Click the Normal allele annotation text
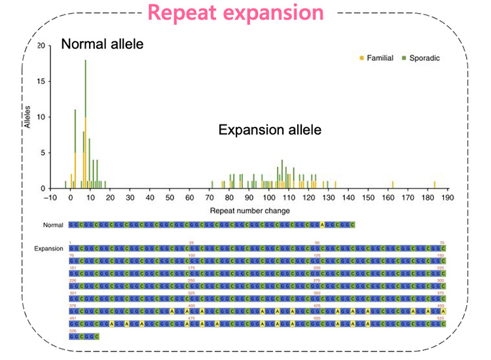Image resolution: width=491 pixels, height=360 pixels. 101,44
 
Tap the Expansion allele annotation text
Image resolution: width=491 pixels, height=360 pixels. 269,130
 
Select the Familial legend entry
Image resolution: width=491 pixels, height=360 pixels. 376,58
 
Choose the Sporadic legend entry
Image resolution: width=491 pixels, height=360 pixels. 421,58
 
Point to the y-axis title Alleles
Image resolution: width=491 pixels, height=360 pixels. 28,113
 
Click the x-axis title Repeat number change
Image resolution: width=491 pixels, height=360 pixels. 250,211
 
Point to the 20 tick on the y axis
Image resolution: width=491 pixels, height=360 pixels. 41,46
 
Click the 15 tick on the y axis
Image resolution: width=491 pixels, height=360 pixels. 41,82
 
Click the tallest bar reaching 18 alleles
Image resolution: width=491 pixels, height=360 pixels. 85,124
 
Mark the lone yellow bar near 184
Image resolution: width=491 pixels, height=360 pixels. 435,185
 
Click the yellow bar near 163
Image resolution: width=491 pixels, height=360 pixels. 393,185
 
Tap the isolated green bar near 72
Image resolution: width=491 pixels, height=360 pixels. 212,185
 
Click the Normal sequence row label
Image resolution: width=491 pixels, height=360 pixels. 53,225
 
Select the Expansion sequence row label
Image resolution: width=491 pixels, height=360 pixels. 50,249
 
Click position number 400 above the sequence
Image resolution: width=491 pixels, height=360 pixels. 192,305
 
